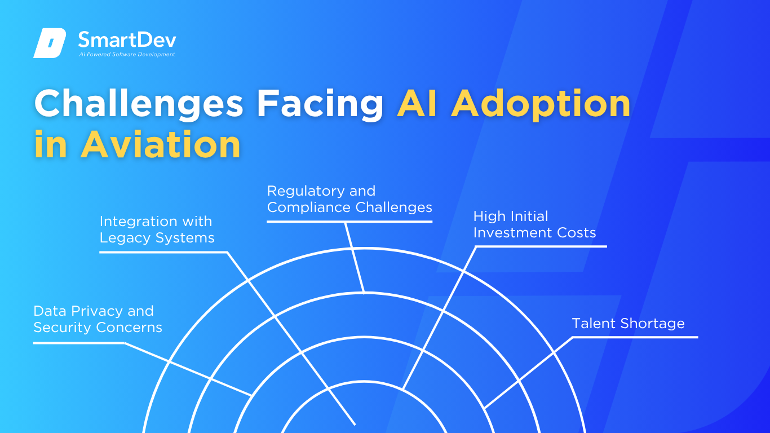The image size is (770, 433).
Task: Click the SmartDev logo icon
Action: [50, 43]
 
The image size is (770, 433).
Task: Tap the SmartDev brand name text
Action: [127, 39]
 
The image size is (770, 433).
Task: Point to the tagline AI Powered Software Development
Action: [127, 54]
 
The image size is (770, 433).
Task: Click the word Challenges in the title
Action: [139, 104]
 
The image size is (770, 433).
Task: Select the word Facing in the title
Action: [320, 104]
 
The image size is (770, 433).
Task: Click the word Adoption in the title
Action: [541, 104]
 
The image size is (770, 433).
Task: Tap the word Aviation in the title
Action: [161, 144]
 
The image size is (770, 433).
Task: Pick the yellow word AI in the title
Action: [417, 103]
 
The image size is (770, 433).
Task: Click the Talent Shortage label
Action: [628, 324]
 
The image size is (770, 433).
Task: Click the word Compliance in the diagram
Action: [308, 207]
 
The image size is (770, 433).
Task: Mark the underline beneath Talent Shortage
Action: [635, 337]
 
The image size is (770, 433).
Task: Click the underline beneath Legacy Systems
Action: [163, 253]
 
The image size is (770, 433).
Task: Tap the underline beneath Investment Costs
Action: [541, 246]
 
